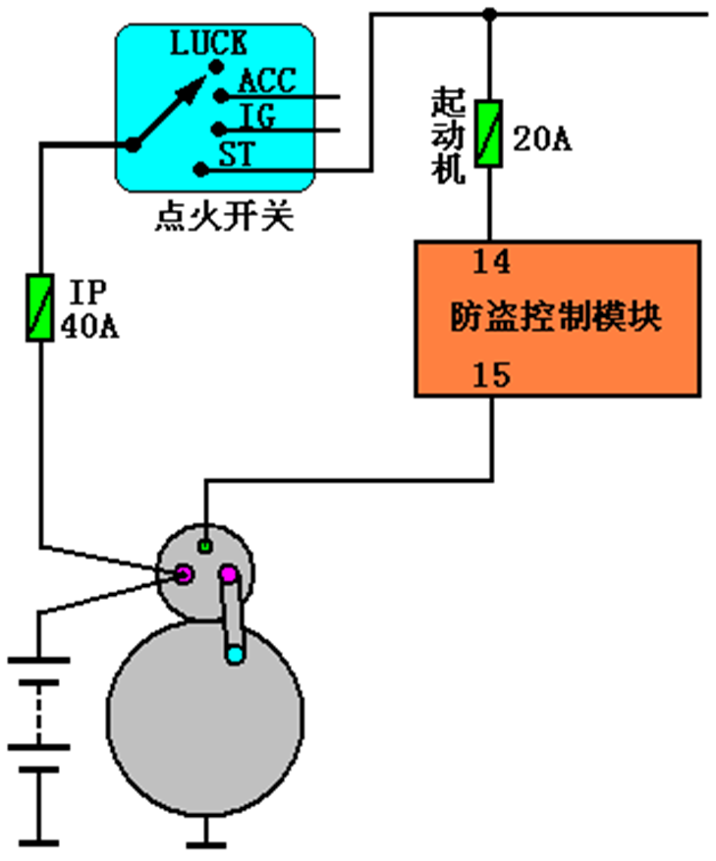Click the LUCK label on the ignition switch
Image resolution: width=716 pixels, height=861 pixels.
(208, 44)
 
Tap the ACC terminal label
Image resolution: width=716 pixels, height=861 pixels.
(267, 81)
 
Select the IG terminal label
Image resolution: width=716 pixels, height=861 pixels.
(257, 118)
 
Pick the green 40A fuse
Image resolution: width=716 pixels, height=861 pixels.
(39, 308)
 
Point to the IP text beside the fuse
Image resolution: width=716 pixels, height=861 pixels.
(88, 294)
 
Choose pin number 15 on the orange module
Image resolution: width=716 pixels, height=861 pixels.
(491, 375)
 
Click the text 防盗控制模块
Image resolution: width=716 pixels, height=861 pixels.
(556, 317)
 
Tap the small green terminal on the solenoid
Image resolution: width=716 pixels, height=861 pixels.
(205, 544)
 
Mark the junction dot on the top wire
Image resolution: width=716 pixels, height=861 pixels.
(489, 14)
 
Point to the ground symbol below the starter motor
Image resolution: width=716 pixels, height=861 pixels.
(205, 839)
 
